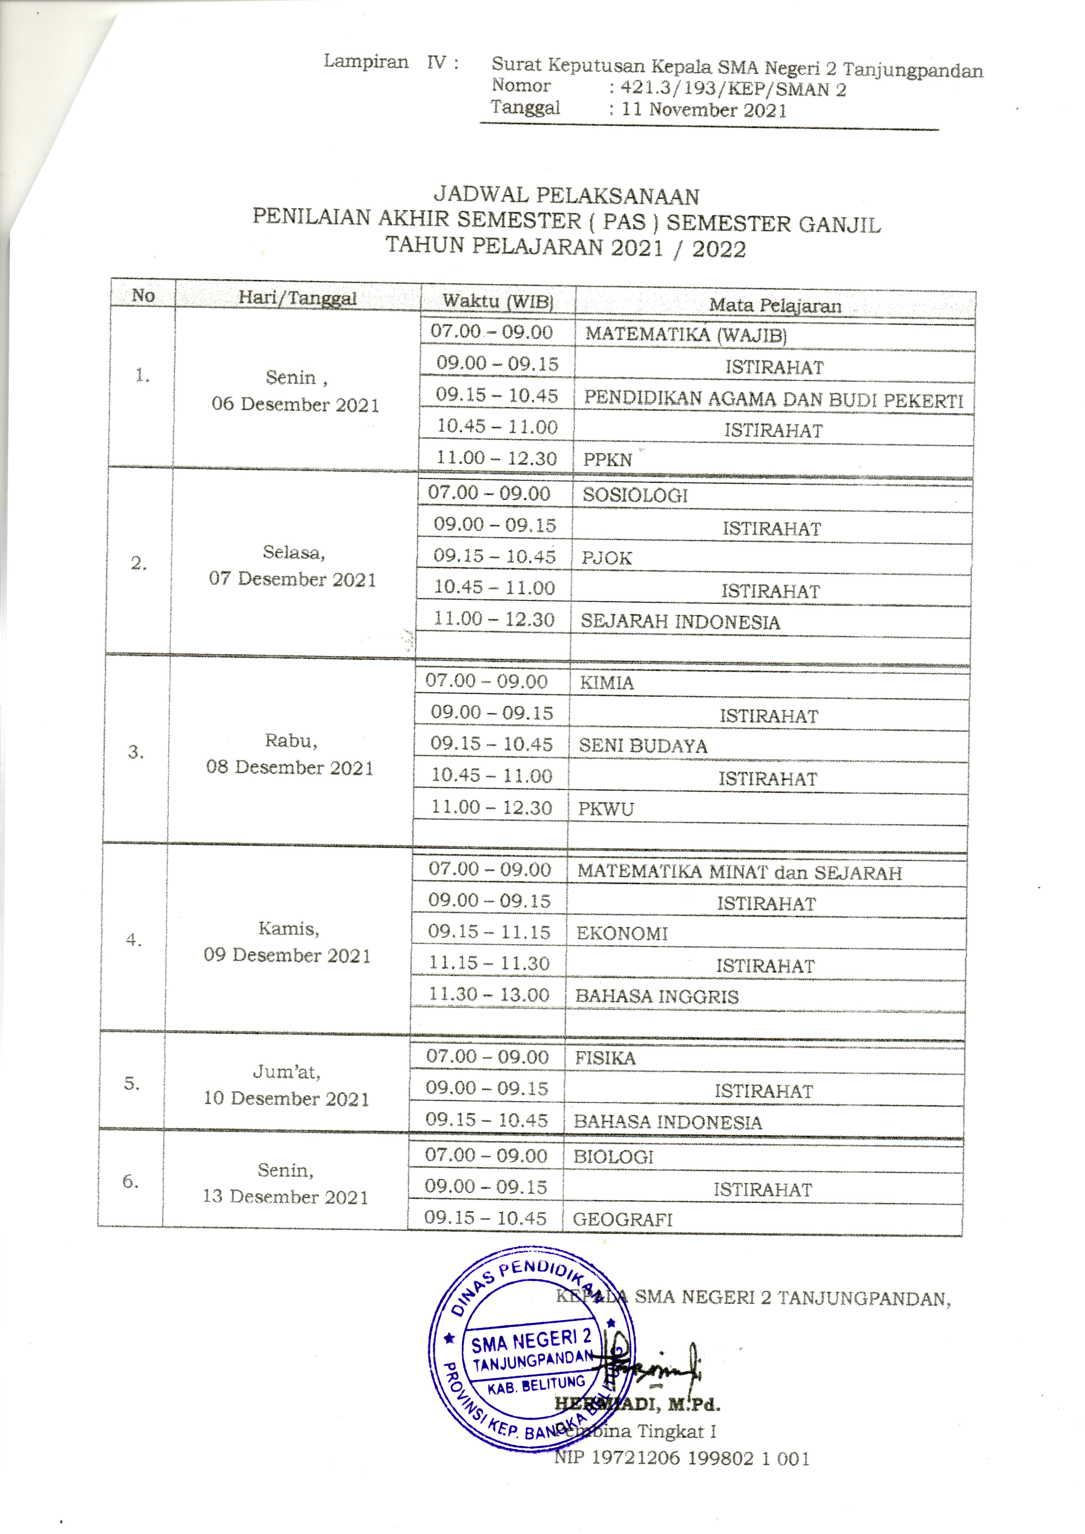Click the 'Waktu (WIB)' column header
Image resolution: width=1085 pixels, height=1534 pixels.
[x=497, y=301]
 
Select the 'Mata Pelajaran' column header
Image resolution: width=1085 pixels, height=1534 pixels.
[x=775, y=305]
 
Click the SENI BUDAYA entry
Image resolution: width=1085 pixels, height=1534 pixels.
[x=642, y=746]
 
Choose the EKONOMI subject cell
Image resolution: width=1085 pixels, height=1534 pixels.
[x=622, y=933]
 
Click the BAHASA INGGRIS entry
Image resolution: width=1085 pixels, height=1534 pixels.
[x=656, y=996]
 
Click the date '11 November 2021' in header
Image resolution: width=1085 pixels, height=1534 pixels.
[x=704, y=110]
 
